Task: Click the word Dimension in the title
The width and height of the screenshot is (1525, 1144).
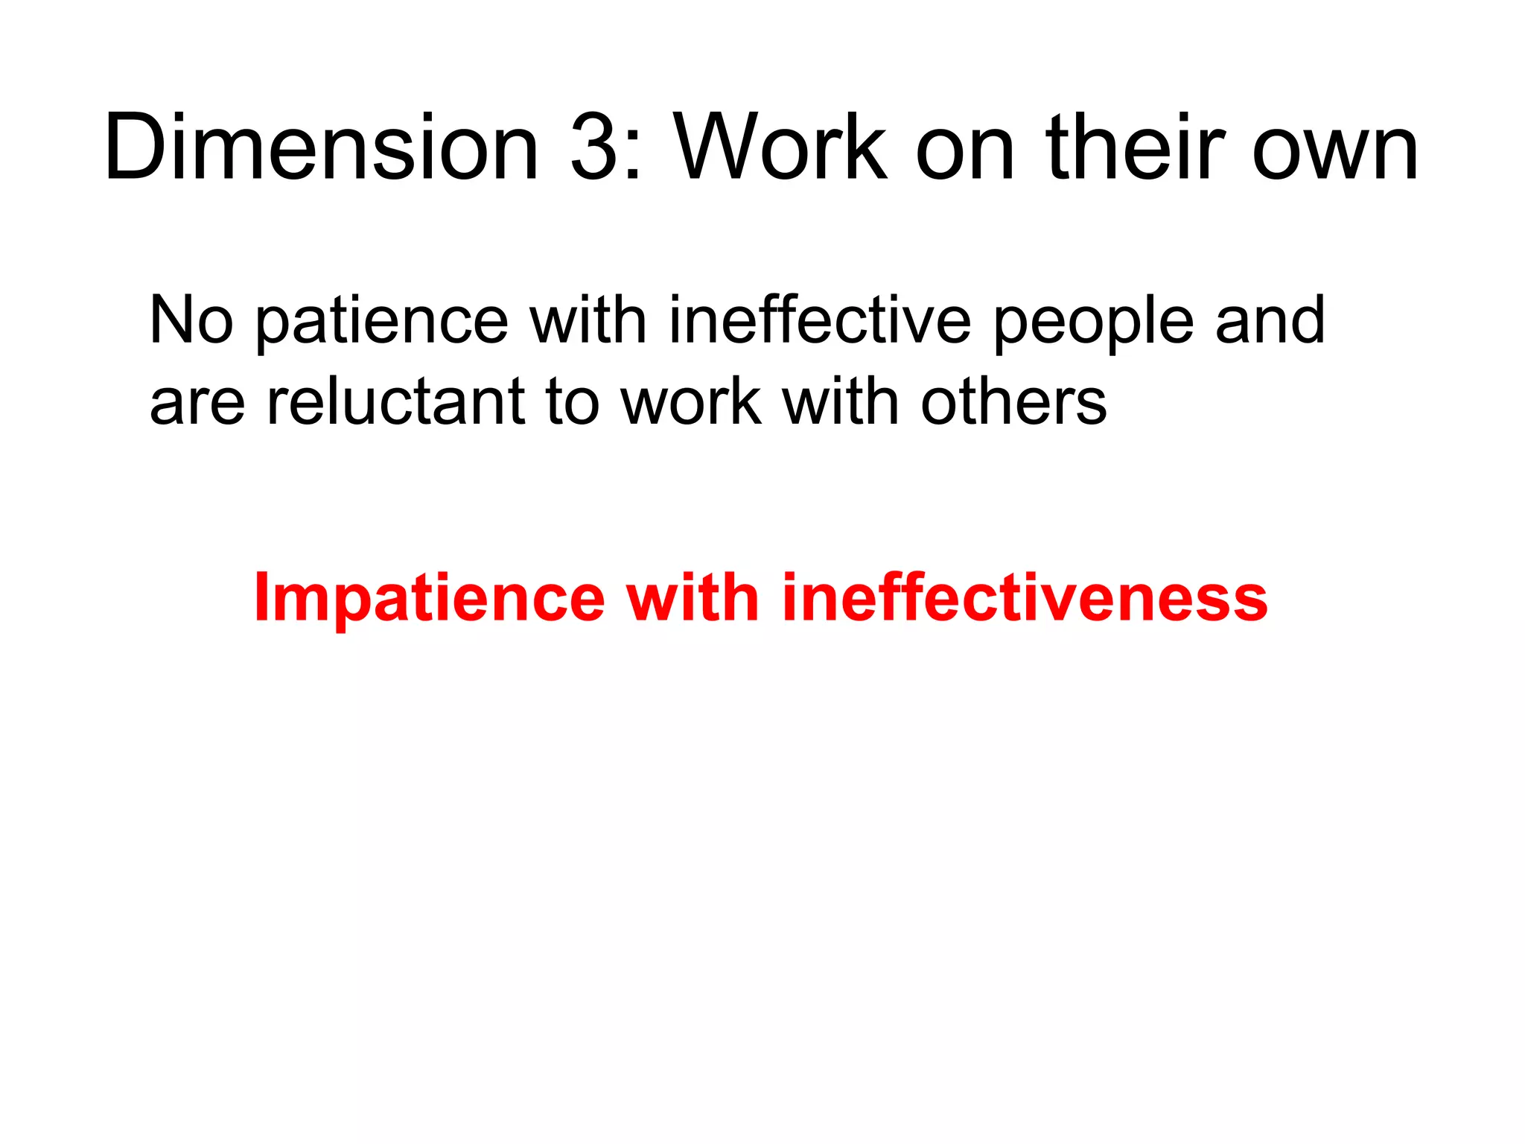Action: pyautogui.click(x=321, y=147)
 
